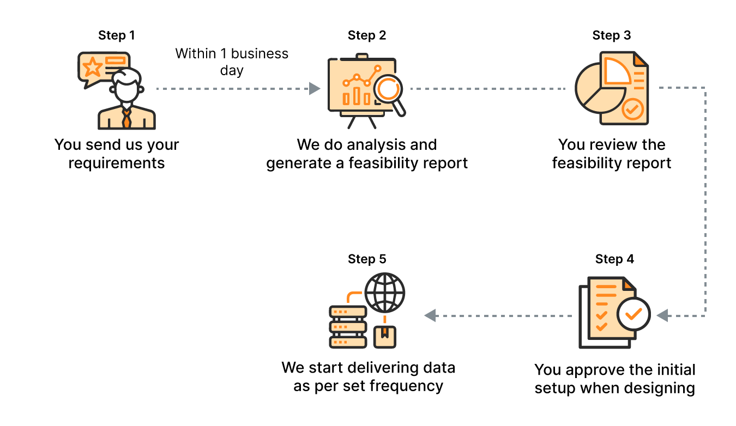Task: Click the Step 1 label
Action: click(x=117, y=35)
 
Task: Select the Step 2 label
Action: click(x=367, y=35)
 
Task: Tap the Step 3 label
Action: click(x=612, y=35)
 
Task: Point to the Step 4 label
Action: click(x=614, y=259)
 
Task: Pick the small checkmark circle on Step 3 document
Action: click(x=632, y=109)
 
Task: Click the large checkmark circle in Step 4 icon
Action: click(x=634, y=314)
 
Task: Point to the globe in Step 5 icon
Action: click(x=385, y=293)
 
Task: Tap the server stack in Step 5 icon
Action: click(x=347, y=327)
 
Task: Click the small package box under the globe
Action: click(x=385, y=336)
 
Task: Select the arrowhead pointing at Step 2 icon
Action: click(x=315, y=88)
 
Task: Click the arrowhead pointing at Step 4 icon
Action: click(x=662, y=315)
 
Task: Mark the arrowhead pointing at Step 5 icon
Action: click(x=430, y=315)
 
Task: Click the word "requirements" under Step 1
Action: click(x=117, y=163)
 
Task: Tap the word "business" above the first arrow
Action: click(x=260, y=54)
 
